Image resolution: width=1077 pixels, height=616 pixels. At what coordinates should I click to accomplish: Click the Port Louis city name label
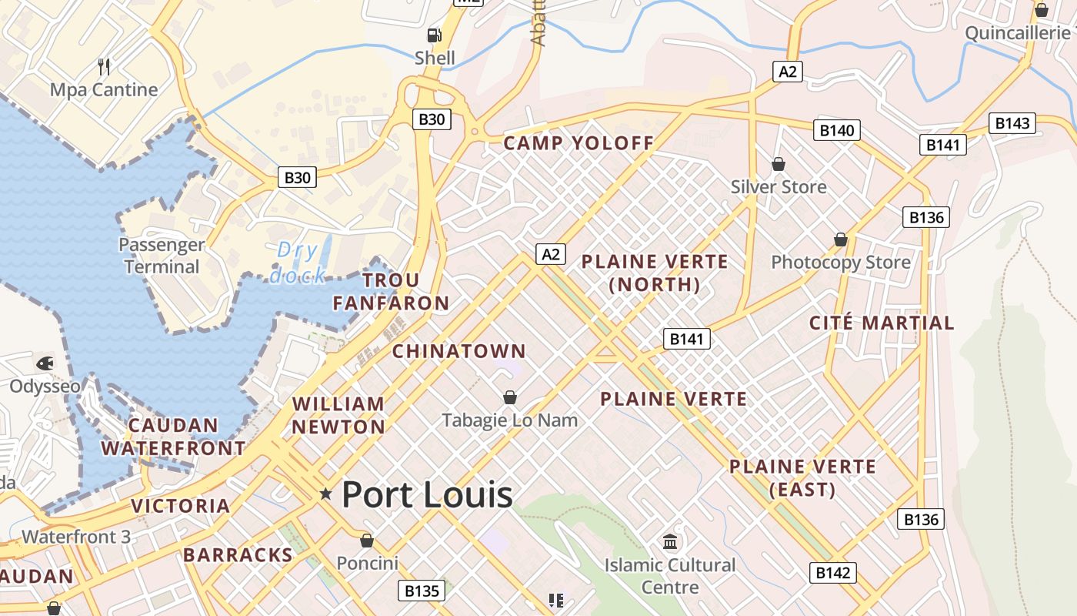click(427, 494)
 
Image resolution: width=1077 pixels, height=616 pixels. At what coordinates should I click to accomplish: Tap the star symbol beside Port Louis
click(326, 494)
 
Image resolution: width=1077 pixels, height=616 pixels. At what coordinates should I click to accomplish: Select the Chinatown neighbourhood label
click(459, 351)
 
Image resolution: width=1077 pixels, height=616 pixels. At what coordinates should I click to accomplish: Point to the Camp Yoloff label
click(579, 142)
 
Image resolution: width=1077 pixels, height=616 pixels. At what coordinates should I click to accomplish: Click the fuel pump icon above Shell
click(435, 35)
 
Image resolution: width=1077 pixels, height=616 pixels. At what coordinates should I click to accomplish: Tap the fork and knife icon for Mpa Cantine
click(105, 67)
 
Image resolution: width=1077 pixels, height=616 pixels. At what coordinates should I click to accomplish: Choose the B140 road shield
click(836, 130)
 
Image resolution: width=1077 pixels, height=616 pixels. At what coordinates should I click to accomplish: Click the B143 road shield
click(1012, 122)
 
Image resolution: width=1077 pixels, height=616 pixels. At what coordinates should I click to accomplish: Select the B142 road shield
click(832, 572)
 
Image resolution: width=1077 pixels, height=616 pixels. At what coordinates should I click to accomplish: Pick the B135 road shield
click(422, 591)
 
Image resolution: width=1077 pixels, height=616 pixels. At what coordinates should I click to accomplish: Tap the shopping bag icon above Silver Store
click(779, 164)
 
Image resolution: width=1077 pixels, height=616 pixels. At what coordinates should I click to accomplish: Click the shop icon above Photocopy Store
click(841, 239)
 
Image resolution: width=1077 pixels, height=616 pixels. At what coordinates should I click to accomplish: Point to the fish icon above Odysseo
click(45, 362)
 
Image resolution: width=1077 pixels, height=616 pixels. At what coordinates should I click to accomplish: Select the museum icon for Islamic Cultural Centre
click(670, 541)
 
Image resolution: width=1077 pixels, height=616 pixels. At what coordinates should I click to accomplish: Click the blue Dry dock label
click(297, 263)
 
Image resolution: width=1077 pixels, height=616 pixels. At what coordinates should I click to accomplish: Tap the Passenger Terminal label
click(162, 256)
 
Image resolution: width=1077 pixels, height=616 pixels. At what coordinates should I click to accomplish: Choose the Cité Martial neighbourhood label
click(882, 323)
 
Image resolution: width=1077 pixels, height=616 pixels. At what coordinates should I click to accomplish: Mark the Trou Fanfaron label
click(391, 291)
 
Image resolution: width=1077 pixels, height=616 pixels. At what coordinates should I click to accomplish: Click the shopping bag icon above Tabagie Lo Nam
click(509, 397)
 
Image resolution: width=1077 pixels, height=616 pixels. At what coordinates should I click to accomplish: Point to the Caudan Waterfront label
click(173, 437)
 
